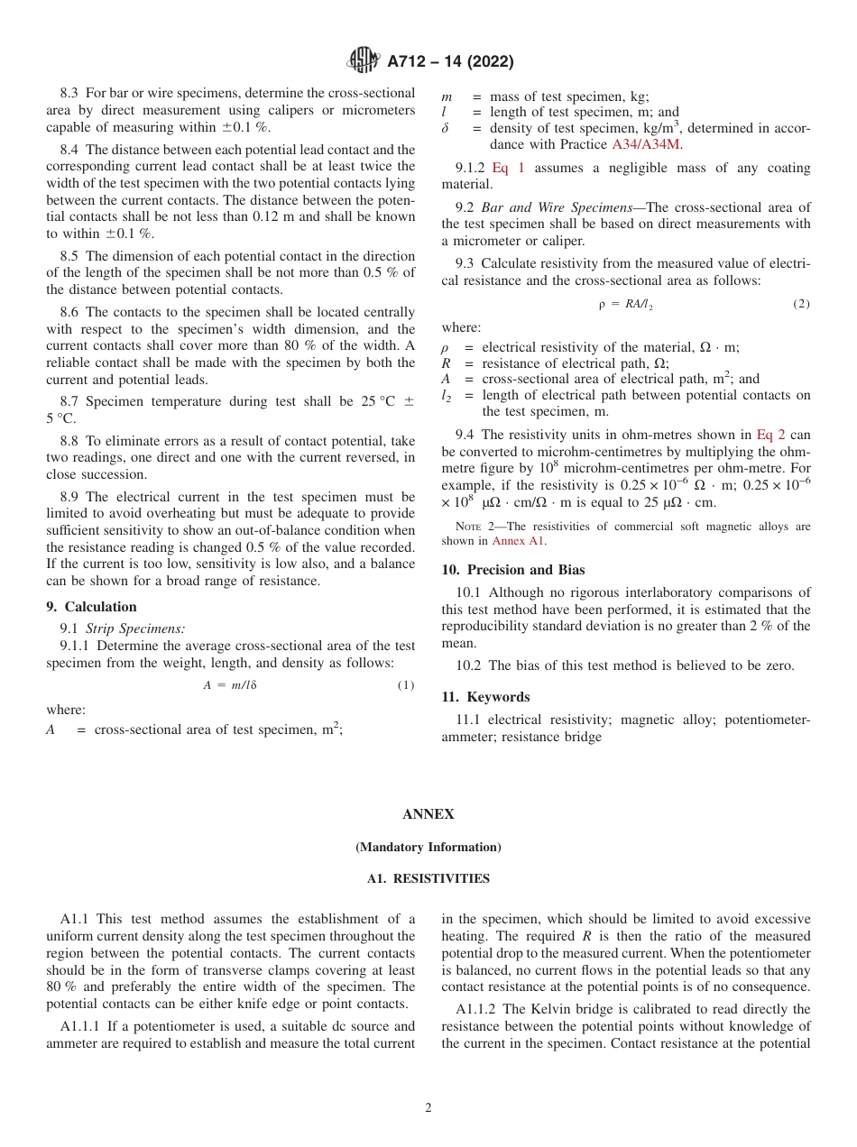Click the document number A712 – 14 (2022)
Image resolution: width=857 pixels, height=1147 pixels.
[x=450, y=62]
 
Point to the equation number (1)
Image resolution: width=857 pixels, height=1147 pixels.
[x=405, y=686]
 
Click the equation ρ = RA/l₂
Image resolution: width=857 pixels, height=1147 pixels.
[x=625, y=305]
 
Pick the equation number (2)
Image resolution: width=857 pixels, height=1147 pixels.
[x=801, y=305]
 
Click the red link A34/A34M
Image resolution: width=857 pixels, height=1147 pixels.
[x=647, y=144]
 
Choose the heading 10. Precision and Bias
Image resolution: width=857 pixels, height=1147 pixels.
[x=512, y=570]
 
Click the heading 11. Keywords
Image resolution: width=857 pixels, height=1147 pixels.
[x=485, y=697]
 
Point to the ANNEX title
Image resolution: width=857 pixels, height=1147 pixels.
[x=428, y=814]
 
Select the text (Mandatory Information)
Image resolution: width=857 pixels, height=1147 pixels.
[x=428, y=848]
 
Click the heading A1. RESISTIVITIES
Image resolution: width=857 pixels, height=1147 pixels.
[x=428, y=879]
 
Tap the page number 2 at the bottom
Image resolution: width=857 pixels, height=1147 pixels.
[x=428, y=1108]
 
